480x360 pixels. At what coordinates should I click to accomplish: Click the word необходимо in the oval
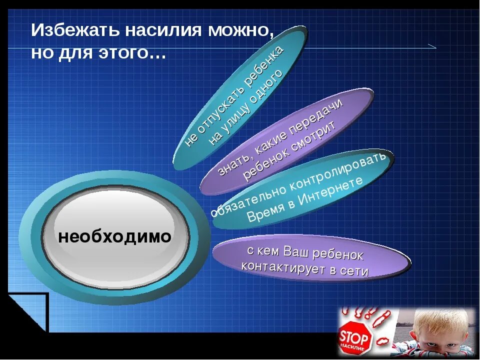click(x=114, y=236)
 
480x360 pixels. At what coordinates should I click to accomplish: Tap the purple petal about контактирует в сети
click(x=310, y=260)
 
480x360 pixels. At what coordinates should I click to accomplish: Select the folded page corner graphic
click(x=27, y=312)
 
